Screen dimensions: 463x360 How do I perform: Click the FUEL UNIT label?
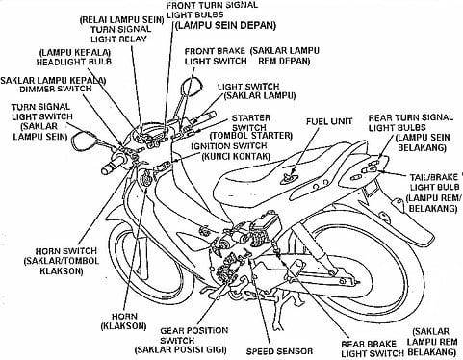(x=329, y=121)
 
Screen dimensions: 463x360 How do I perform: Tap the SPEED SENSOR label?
(x=279, y=351)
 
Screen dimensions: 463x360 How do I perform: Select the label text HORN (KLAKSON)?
(x=124, y=321)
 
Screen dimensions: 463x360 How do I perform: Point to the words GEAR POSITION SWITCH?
(x=193, y=335)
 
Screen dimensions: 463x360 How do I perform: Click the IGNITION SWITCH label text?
(x=229, y=146)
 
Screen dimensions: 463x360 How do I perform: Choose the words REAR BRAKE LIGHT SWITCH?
(x=373, y=349)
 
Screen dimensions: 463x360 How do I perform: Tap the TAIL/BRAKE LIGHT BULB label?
(x=434, y=182)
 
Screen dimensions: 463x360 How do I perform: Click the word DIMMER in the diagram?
(x=39, y=89)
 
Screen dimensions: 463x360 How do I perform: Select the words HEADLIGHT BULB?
(x=73, y=62)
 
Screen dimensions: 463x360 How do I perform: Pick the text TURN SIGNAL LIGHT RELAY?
(x=119, y=34)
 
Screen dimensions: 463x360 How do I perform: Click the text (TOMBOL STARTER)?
(x=251, y=136)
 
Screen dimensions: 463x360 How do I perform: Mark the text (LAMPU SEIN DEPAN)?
(x=226, y=25)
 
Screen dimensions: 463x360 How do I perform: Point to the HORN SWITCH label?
(x=65, y=251)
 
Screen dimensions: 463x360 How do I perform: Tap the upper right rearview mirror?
(x=192, y=86)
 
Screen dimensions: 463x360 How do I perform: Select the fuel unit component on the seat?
(x=289, y=178)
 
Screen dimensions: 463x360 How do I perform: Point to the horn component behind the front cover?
(x=146, y=178)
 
